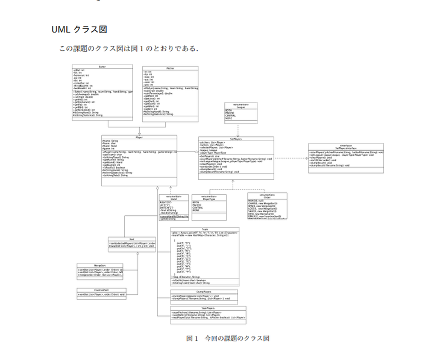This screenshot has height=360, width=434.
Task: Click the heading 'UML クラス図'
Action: coord(79,30)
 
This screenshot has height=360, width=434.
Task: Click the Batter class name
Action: coord(102,67)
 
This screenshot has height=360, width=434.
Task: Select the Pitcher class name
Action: coord(171,69)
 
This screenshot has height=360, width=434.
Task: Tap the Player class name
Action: coord(139,137)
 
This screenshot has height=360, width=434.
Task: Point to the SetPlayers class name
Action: coord(236,139)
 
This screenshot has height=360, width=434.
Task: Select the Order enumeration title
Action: coord(267,195)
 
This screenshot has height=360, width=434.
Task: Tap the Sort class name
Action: coord(131,239)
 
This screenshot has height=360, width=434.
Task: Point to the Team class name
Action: coord(204,229)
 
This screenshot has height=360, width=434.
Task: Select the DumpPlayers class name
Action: coord(195,291)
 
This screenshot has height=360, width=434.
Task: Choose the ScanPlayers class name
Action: coord(208,308)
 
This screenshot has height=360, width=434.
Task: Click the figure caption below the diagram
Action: coord(227,338)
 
